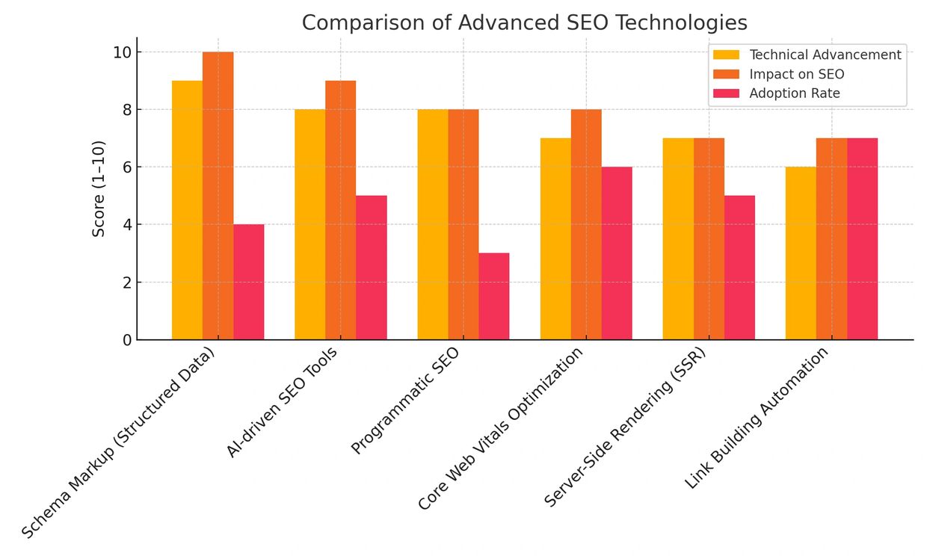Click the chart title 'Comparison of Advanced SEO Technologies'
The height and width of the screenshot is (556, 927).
(x=524, y=23)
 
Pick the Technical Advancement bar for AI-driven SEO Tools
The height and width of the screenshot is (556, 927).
(x=309, y=224)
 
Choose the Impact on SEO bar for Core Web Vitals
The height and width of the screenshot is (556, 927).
(x=586, y=224)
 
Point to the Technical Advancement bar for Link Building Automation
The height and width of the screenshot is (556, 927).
(x=801, y=253)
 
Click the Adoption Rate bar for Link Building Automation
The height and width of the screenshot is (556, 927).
(x=862, y=239)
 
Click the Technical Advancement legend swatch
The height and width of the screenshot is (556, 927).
(x=726, y=55)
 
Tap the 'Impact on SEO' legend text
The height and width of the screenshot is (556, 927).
(x=797, y=74)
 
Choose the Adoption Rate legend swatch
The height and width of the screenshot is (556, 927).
(x=726, y=93)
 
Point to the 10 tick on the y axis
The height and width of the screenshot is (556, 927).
(x=123, y=52)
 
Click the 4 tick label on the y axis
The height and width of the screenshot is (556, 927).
(x=127, y=225)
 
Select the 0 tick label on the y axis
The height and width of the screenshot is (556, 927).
(x=127, y=340)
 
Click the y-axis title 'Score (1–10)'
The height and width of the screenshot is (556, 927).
(x=99, y=188)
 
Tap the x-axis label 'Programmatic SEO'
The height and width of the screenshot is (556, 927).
(x=405, y=401)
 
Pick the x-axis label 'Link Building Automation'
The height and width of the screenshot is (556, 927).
(x=757, y=418)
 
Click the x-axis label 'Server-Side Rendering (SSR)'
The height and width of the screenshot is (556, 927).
(x=624, y=428)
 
